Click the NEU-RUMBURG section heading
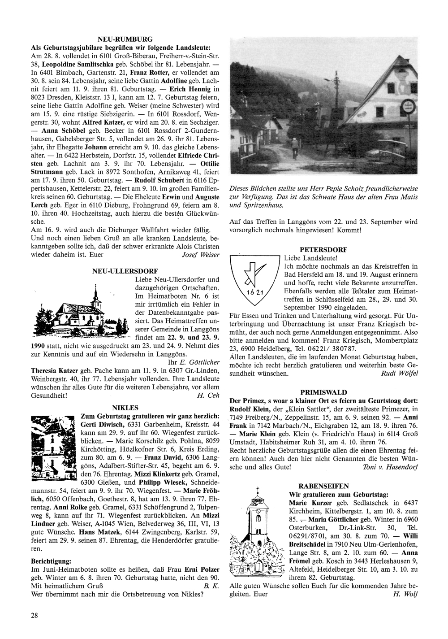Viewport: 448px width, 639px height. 125,39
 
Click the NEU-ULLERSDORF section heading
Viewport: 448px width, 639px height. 125,271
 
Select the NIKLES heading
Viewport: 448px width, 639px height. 125,408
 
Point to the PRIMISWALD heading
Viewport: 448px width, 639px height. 323,392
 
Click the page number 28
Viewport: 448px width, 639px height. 34,615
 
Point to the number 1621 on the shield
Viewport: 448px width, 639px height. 254,292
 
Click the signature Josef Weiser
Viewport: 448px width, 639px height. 201,255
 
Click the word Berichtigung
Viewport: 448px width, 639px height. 51,561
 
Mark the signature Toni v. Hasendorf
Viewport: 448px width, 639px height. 390,467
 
